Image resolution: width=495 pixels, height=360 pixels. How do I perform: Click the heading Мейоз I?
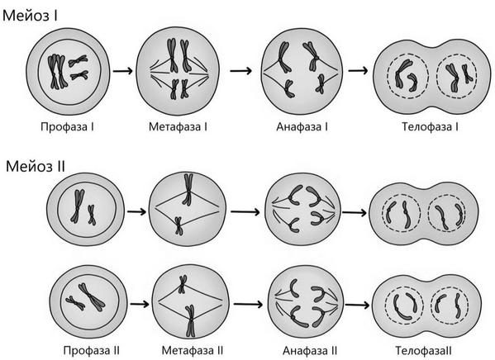click(30, 15)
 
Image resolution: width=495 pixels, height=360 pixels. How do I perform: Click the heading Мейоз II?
click(36, 166)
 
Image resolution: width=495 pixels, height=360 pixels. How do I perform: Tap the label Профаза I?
click(67, 127)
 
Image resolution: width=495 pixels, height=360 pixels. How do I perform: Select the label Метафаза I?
click(178, 127)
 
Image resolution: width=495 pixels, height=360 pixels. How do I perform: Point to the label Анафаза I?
click(302, 127)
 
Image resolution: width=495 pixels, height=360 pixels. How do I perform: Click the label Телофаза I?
click(430, 127)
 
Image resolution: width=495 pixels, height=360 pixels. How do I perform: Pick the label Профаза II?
click(92, 351)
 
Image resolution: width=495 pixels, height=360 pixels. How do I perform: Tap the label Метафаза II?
click(193, 351)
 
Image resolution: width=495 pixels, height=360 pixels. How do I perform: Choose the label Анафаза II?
click(310, 351)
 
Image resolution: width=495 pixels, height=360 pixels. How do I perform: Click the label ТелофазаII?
click(424, 351)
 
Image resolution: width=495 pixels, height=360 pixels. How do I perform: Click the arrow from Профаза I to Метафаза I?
click(123, 71)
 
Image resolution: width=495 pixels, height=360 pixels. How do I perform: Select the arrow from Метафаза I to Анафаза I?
click(240, 71)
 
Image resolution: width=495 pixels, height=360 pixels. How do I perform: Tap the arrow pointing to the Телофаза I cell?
click(358, 71)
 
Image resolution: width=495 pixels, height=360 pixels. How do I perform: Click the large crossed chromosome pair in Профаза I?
click(58, 72)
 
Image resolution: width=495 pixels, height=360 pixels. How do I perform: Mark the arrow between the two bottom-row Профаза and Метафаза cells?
click(140, 304)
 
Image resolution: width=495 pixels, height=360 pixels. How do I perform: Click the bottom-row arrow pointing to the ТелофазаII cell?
click(357, 305)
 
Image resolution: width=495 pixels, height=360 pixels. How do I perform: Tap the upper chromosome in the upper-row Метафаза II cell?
click(188, 189)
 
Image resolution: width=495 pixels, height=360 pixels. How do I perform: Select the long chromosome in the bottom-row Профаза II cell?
click(92, 296)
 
